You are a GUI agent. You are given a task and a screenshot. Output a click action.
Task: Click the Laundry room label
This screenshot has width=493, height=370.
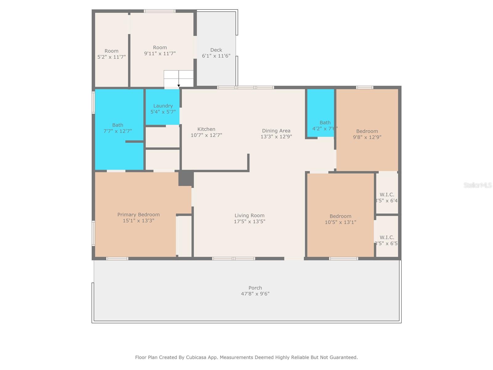coord(163,106)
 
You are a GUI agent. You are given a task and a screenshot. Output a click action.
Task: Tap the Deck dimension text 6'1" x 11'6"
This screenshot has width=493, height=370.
coord(216,56)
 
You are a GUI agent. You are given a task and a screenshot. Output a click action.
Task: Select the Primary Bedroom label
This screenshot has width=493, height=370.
coord(138,215)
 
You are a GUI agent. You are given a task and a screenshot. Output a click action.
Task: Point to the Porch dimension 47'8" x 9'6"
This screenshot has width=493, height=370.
coord(255,294)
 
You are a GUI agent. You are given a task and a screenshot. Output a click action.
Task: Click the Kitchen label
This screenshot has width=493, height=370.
coord(206,129)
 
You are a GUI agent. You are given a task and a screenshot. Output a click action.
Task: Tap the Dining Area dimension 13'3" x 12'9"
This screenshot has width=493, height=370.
coord(276,137)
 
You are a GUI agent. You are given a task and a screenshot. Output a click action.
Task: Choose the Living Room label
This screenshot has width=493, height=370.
coord(249,216)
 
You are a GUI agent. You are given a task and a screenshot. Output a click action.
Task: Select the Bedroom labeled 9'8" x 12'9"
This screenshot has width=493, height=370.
coord(367,131)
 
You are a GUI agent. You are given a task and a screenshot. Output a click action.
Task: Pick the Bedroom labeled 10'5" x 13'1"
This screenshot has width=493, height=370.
coord(340,216)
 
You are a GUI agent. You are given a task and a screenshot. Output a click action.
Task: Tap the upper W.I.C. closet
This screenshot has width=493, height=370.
coord(387,195)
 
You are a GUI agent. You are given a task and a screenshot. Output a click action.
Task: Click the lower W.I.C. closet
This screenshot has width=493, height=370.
coord(387,237)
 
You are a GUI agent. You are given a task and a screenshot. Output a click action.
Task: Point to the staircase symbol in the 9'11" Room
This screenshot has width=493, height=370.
coord(178,78)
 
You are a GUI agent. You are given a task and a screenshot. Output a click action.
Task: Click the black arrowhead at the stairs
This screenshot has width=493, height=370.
coord(179,86)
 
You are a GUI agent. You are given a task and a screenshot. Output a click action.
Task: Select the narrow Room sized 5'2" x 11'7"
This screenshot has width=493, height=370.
coord(111,51)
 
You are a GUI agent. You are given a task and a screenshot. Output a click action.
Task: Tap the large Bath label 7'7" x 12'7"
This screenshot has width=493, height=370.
coord(117,125)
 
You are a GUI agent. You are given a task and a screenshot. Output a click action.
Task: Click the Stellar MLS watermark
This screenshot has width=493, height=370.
coord(477,185)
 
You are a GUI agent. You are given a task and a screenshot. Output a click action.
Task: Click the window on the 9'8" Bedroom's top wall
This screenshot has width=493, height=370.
coord(365,88)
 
